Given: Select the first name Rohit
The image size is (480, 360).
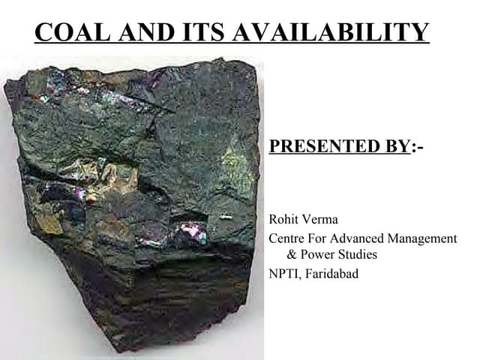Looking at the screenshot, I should pos(284,220).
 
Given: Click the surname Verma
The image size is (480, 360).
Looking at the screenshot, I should pos(321,220).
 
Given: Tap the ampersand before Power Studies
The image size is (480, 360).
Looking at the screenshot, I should pos(293,255).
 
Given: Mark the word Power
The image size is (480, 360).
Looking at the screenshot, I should pos(318,255).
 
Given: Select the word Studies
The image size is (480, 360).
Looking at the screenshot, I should pos(357,255).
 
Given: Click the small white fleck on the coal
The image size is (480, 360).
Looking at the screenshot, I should pos(226,217).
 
